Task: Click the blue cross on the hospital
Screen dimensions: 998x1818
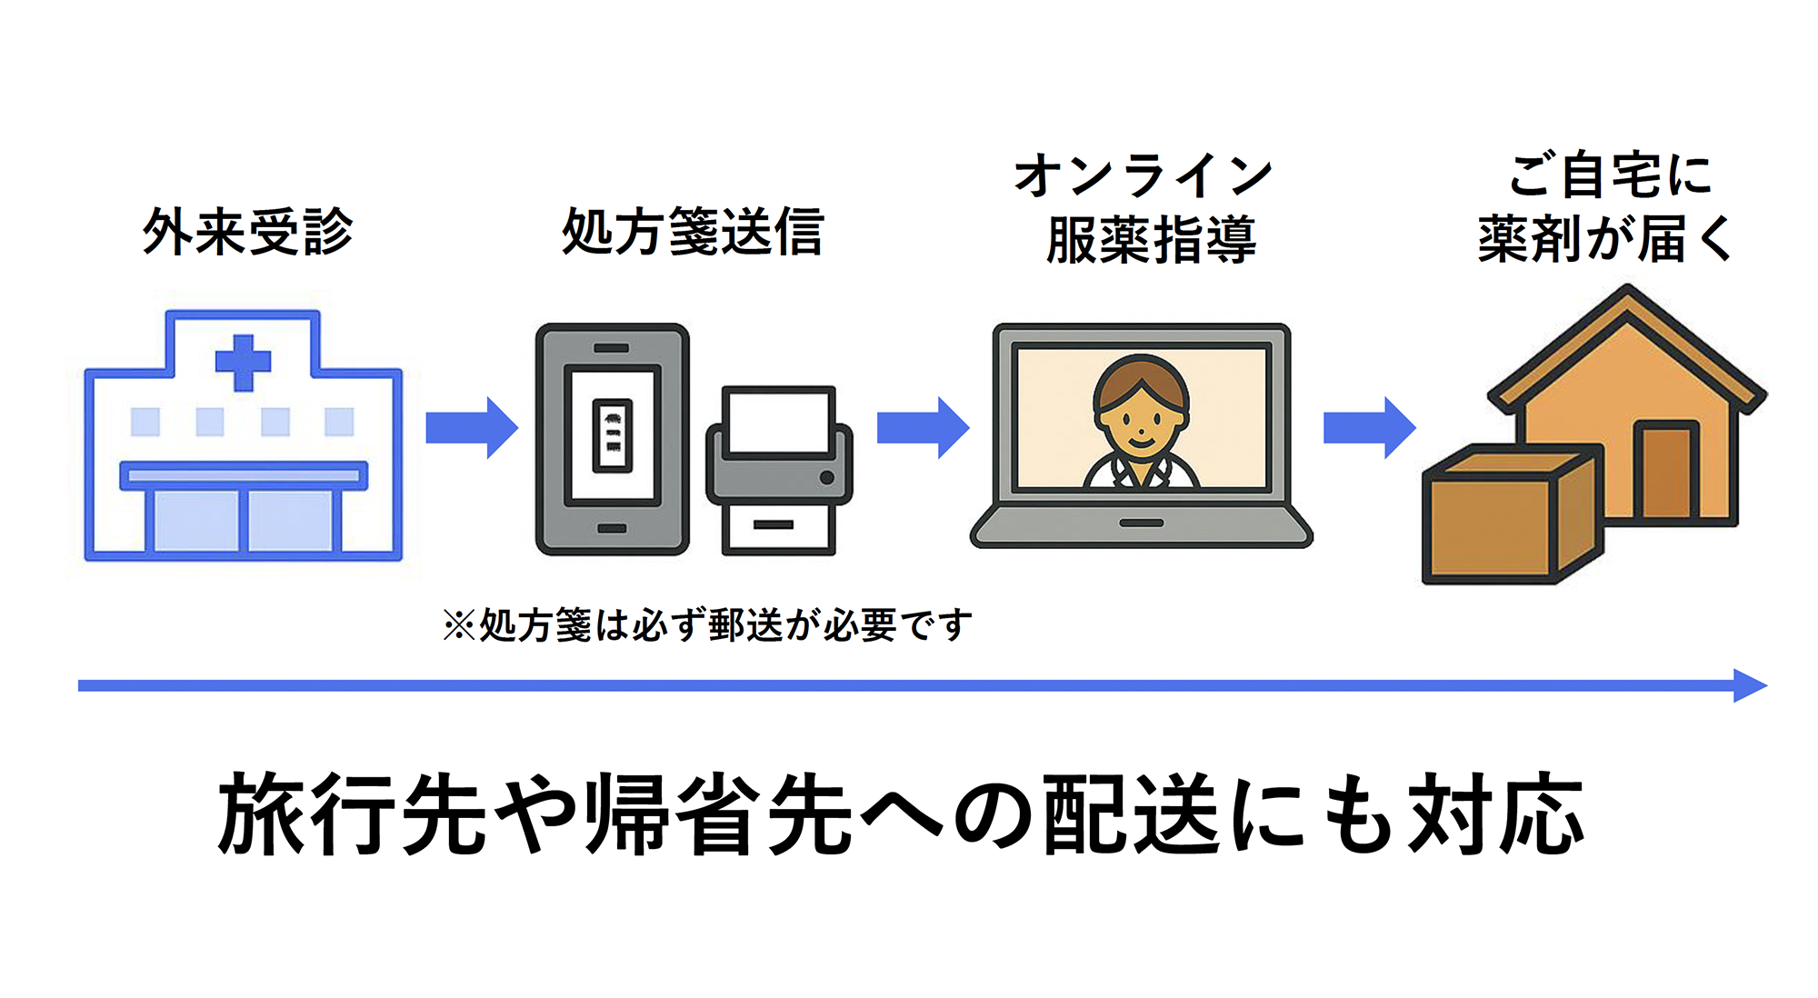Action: click(x=243, y=362)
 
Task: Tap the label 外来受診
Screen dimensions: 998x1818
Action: click(x=247, y=232)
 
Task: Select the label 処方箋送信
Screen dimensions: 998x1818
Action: click(x=693, y=232)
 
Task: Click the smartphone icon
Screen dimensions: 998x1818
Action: click(x=612, y=439)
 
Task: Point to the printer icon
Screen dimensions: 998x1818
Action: click(x=779, y=471)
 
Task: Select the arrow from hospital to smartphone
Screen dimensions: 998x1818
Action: click(x=471, y=427)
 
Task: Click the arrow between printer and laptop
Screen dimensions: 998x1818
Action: click(x=922, y=427)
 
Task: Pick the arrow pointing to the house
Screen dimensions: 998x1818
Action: click(x=1368, y=427)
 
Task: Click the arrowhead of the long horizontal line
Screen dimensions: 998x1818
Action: click(x=1750, y=685)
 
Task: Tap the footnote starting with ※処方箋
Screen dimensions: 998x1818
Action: click(x=707, y=625)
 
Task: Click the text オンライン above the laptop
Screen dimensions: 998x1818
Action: click(x=1143, y=175)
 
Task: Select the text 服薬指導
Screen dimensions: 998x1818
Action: click(x=1151, y=240)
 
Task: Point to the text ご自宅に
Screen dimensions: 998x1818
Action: click(x=1610, y=175)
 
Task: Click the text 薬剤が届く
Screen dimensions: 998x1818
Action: click(x=1605, y=239)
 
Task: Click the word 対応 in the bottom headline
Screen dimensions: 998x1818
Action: click(x=1495, y=813)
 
